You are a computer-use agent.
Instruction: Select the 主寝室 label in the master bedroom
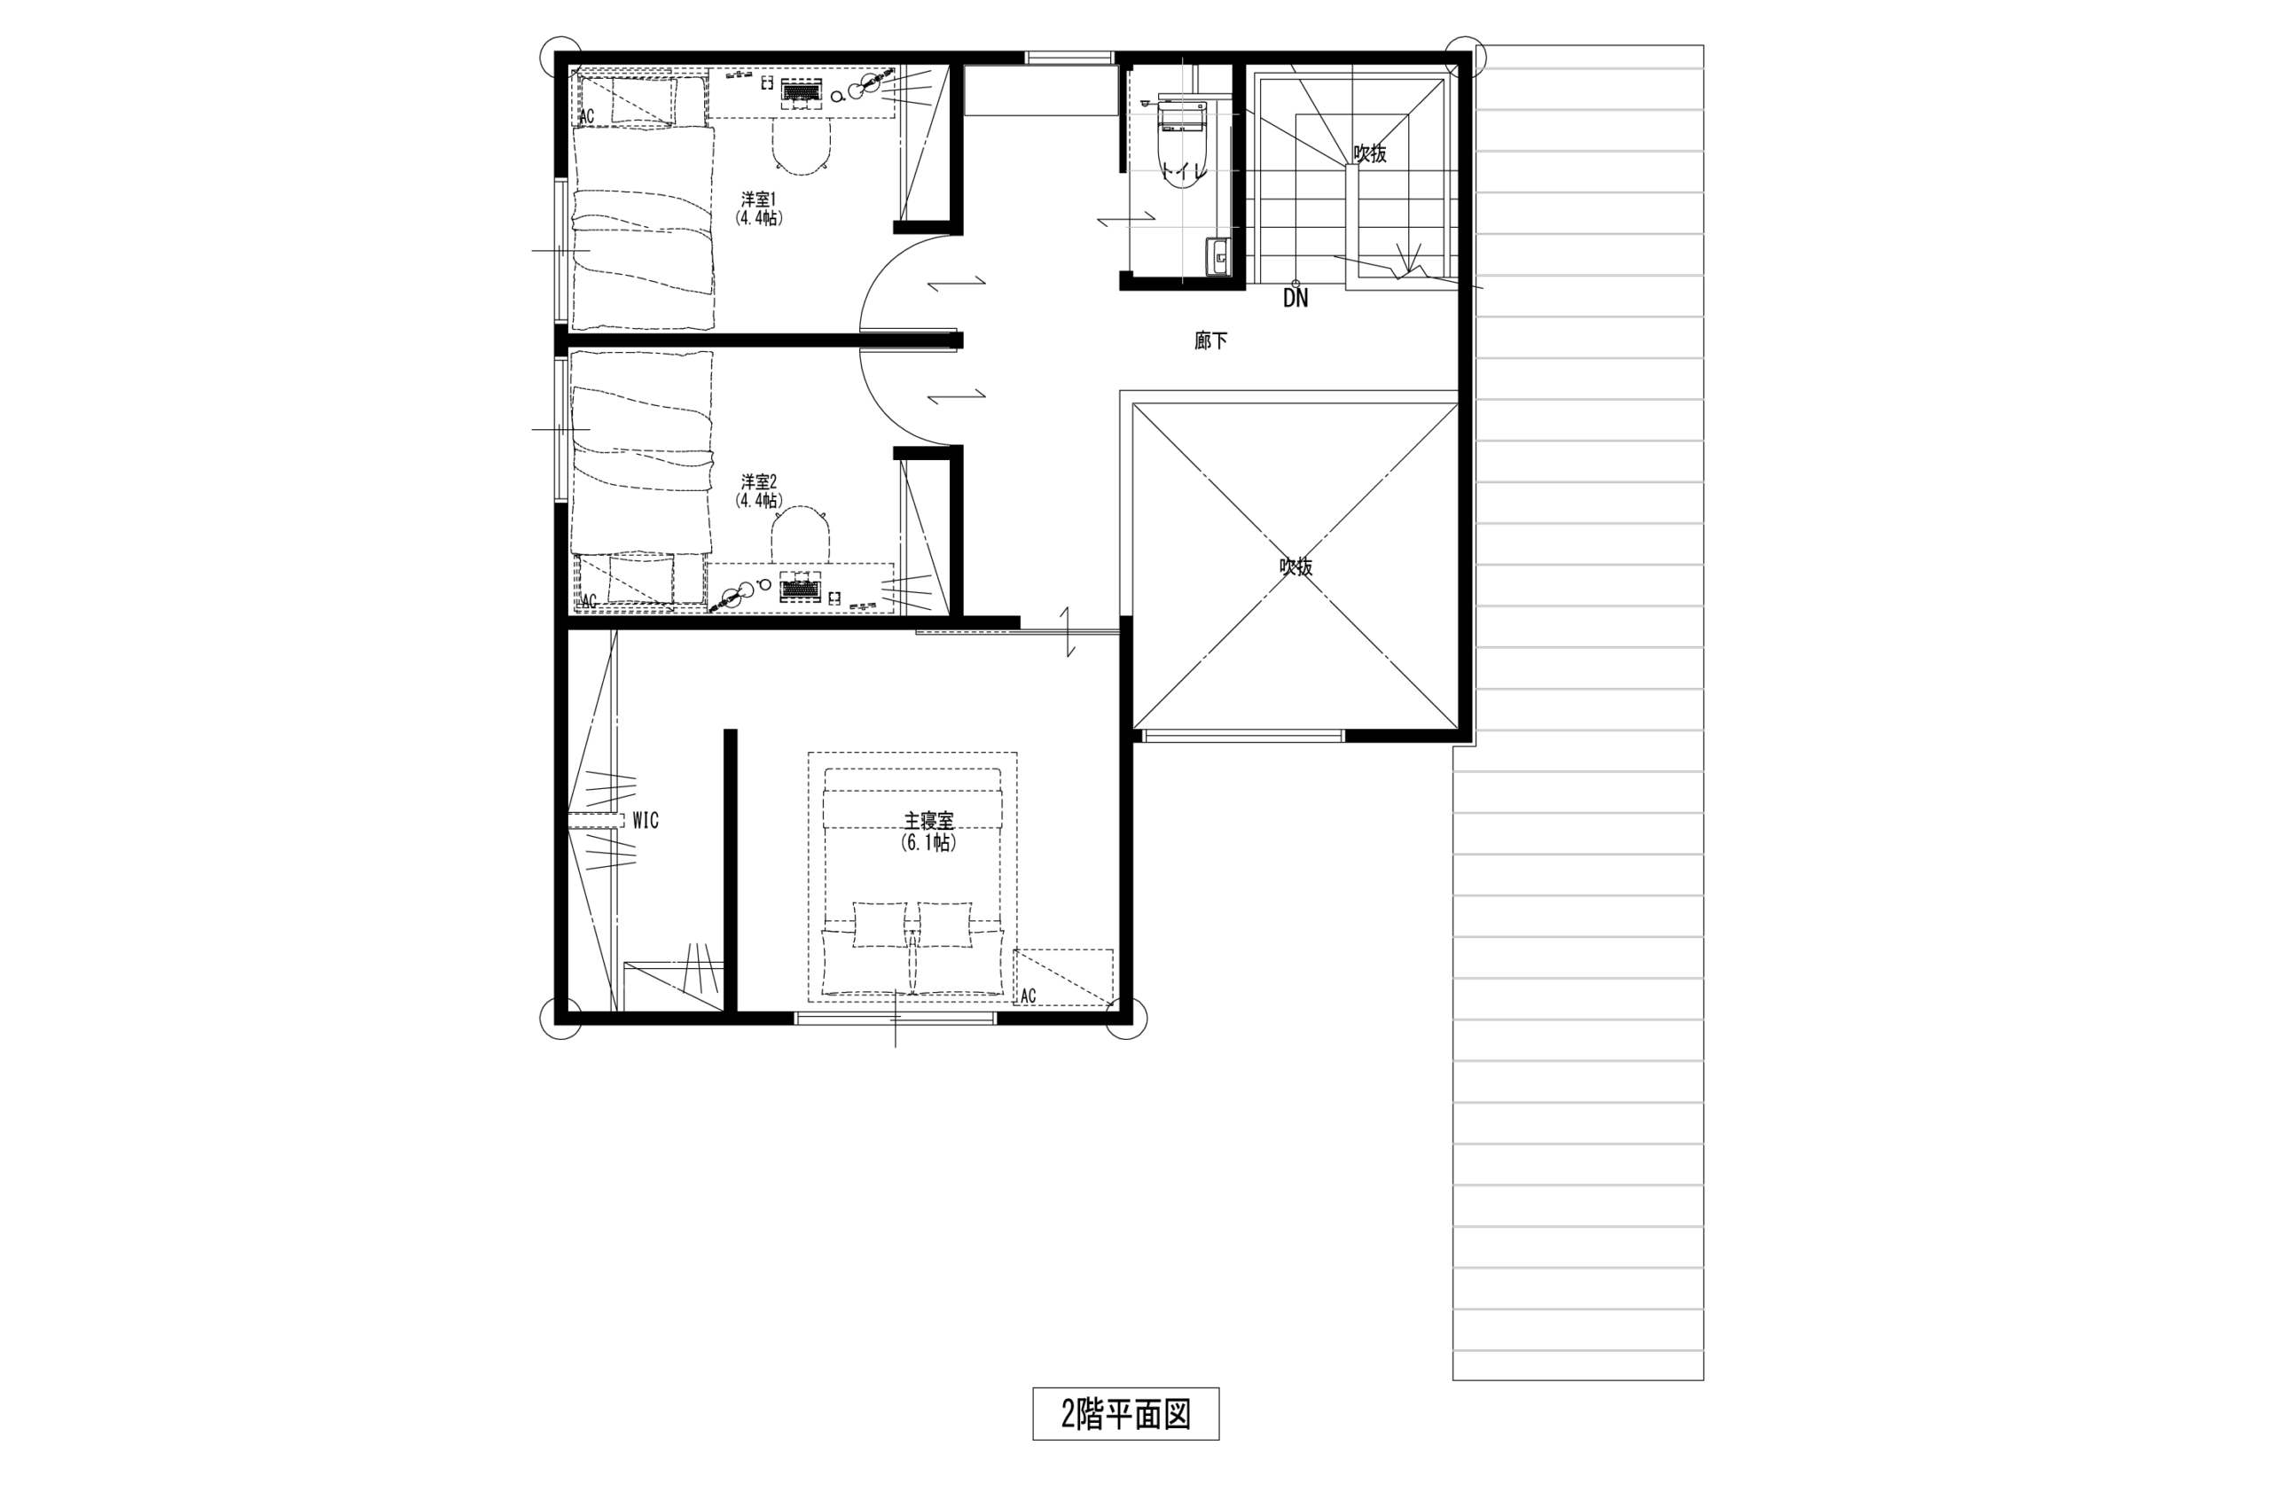point(928,821)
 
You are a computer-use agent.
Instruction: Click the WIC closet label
point(646,821)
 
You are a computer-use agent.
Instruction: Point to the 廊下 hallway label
point(1210,340)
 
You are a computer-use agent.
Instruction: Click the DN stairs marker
point(1295,299)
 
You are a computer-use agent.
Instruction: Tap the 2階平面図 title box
point(1125,1414)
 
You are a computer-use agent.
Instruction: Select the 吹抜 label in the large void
point(1295,566)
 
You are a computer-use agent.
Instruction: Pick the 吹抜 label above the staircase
point(1370,153)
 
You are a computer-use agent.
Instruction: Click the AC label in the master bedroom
point(1029,996)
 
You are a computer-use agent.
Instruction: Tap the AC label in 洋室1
point(586,117)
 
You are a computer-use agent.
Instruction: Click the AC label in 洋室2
point(588,602)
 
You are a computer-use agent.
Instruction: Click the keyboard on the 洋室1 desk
point(802,92)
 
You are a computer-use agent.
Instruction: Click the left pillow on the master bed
point(878,924)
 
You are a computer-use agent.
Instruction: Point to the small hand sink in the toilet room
point(1217,255)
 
